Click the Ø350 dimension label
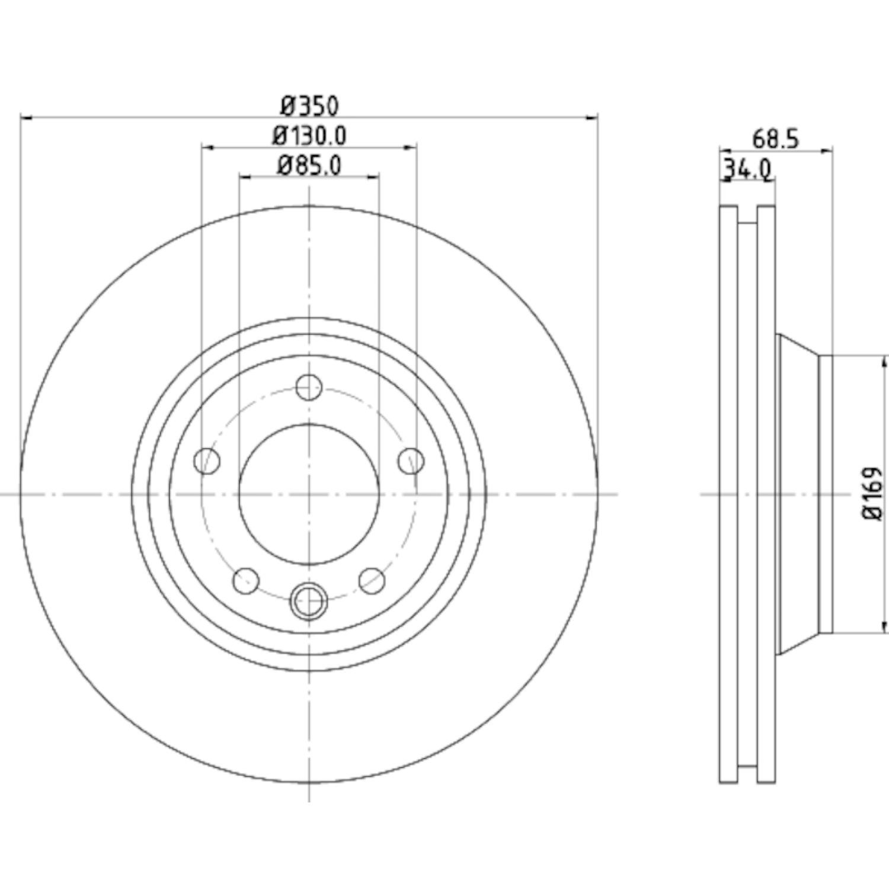309,106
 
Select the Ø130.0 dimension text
309,136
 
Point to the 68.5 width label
776,139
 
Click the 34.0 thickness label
747,170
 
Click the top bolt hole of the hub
309,388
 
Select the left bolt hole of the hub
207,461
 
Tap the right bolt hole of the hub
411,461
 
